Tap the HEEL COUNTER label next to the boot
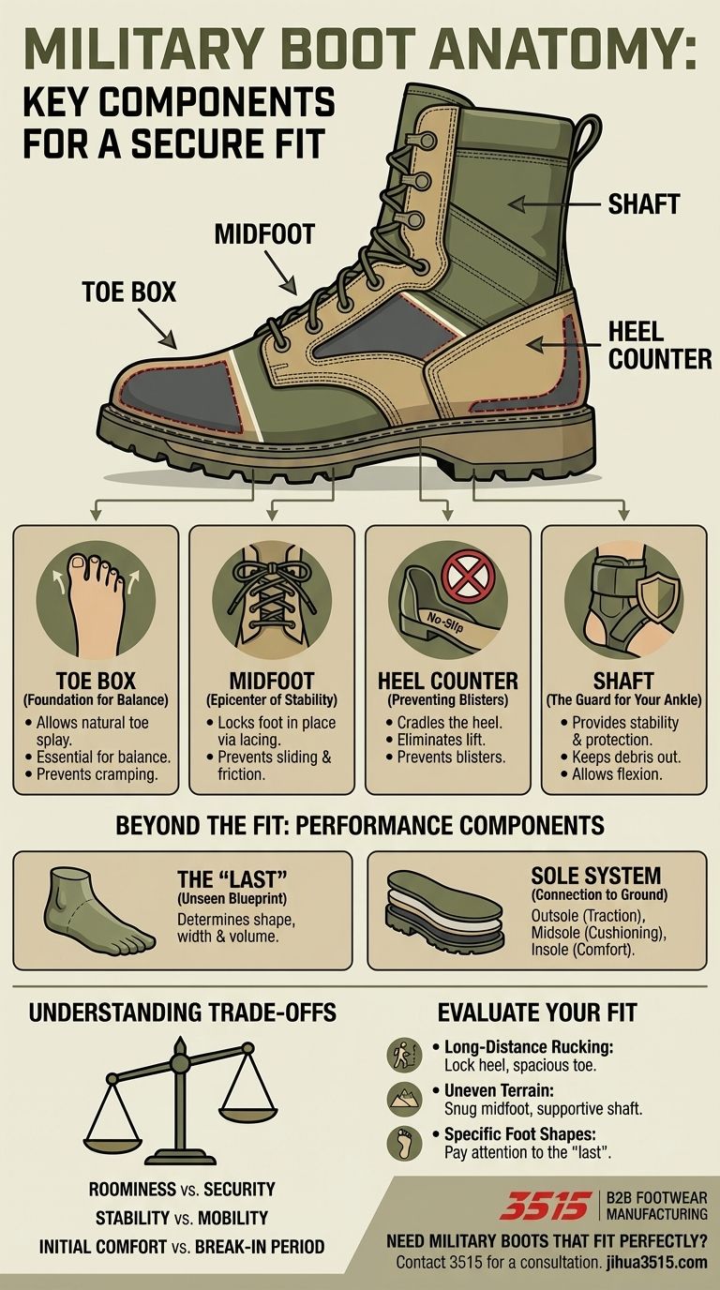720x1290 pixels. coord(659,344)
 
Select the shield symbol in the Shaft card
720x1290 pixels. coord(654,592)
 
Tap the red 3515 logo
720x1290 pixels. coord(545,1206)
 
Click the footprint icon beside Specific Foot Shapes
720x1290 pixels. coord(400,1144)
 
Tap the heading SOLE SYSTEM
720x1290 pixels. coord(595,876)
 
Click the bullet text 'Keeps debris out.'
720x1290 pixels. coord(624,756)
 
